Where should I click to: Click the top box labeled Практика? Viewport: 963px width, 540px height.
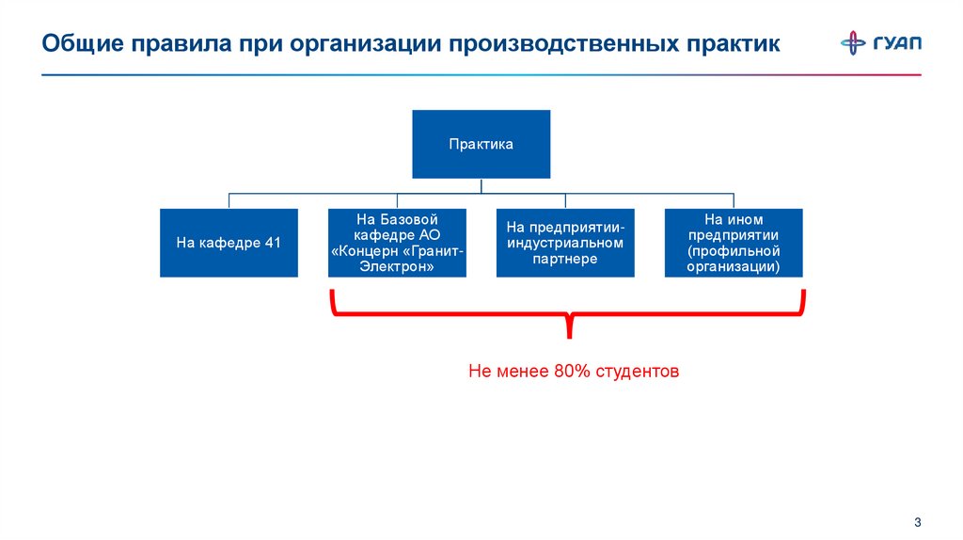[x=481, y=144]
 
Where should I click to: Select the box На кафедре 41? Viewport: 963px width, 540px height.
[x=229, y=243]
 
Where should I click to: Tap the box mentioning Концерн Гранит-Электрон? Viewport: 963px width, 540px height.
[x=397, y=243]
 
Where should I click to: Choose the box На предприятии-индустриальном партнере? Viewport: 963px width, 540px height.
[x=565, y=243]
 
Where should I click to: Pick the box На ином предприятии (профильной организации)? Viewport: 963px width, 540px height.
[x=734, y=243]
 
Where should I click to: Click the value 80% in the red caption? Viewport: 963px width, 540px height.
[x=572, y=372]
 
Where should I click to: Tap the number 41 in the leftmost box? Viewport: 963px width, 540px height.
[x=273, y=243]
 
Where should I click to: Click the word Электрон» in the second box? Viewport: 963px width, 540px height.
[x=397, y=266]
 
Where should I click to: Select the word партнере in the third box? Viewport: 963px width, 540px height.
[x=565, y=259]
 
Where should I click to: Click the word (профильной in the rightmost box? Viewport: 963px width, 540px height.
[x=734, y=251]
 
